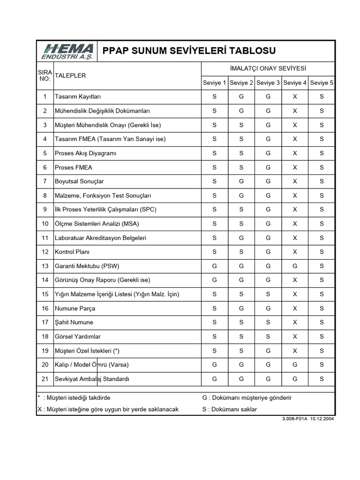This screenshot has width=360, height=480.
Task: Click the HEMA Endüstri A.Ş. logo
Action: click(68, 51)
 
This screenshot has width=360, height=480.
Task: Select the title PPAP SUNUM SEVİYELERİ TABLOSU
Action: click(189, 51)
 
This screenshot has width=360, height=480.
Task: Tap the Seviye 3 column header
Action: click(268, 83)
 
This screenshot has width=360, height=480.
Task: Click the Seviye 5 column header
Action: click(322, 83)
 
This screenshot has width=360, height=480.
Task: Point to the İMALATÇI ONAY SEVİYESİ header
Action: click(268, 68)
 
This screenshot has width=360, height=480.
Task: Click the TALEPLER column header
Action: click(70, 75)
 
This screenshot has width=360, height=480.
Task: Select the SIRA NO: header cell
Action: click(45, 75)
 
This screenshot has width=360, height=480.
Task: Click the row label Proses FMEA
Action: click(74, 167)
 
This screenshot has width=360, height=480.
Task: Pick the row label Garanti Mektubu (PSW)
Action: click(87, 266)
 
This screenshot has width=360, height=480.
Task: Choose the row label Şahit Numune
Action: click(74, 322)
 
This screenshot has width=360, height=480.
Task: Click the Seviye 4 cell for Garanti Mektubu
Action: click(295, 266)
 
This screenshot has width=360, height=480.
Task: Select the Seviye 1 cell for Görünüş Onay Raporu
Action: click(214, 280)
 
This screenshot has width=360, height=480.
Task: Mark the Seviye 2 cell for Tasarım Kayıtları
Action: click(241, 97)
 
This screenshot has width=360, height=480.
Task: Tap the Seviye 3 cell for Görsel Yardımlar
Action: click(268, 337)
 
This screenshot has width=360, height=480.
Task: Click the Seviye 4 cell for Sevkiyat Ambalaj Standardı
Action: click(295, 379)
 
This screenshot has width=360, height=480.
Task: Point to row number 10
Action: click(45, 224)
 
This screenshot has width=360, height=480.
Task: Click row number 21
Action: click(45, 379)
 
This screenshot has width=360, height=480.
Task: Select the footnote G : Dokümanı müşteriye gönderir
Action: click(247, 397)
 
